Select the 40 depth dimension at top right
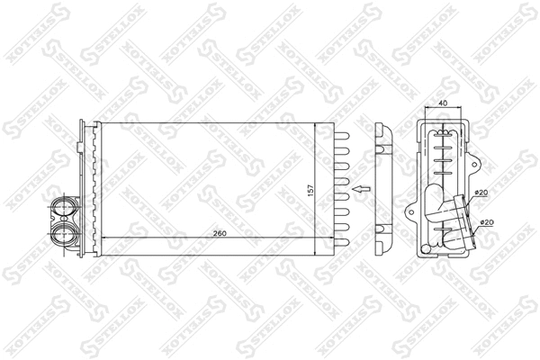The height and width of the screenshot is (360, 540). pos(443,104)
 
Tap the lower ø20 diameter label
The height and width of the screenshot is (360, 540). pos(486,221)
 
